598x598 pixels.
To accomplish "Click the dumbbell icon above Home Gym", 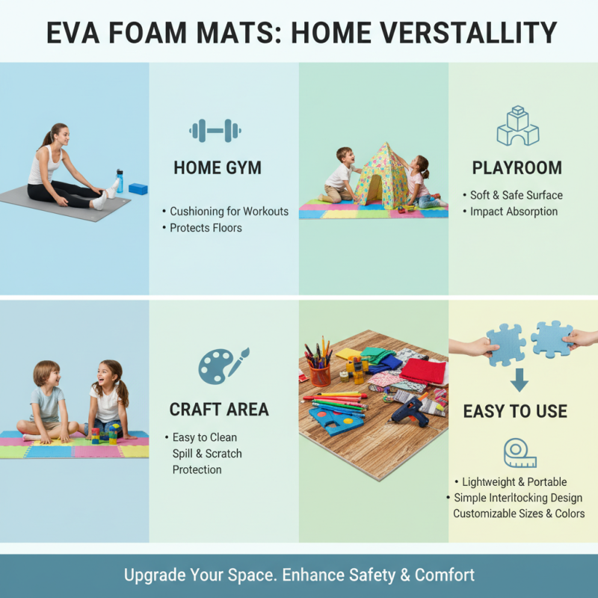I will (x=215, y=130).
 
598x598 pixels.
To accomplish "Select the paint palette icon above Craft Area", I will (x=223, y=366).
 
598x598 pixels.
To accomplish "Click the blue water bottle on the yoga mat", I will (x=119, y=181).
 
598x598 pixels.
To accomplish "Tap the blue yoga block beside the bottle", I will (x=138, y=188).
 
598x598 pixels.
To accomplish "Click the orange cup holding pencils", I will (x=320, y=373).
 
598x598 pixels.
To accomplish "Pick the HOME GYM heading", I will (x=218, y=167).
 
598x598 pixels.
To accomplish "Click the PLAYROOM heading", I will (x=517, y=167).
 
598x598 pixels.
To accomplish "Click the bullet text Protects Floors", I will (x=206, y=228).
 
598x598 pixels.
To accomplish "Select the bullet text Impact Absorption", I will (x=514, y=212).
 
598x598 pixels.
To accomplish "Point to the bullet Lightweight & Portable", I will (x=514, y=482).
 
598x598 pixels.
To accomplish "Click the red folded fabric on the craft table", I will (x=422, y=371).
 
